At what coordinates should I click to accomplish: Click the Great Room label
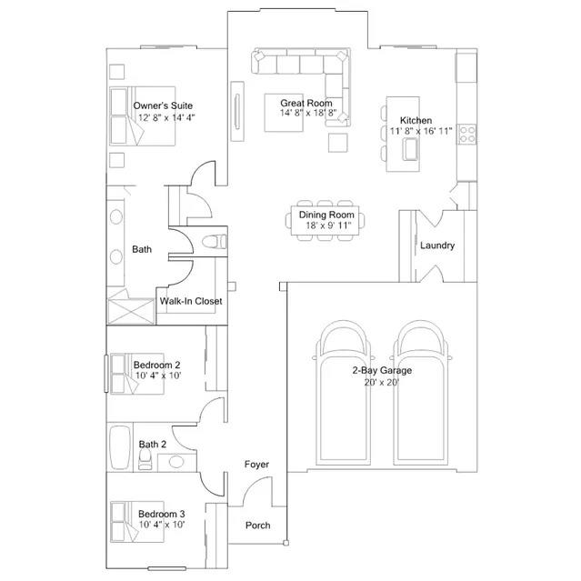click(306, 103)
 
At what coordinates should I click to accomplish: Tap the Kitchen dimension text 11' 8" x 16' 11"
click(421, 131)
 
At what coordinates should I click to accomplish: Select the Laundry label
click(437, 245)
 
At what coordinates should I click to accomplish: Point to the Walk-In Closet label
click(191, 301)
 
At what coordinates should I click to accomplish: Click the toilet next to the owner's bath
click(215, 242)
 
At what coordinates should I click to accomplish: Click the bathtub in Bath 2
click(120, 447)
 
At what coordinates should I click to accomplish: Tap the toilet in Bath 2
click(145, 459)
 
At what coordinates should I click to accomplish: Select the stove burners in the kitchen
click(466, 135)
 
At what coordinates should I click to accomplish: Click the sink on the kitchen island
click(411, 149)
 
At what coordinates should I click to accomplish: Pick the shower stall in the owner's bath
click(131, 311)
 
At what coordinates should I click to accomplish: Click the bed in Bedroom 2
click(136, 374)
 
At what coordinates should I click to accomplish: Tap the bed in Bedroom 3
click(136, 522)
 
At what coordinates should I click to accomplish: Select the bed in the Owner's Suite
click(142, 116)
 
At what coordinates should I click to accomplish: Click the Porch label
click(258, 526)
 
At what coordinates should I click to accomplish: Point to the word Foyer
click(256, 465)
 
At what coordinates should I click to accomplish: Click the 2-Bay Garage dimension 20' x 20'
click(381, 383)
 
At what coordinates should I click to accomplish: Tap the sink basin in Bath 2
click(176, 462)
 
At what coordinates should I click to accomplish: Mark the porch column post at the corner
click(285, 543)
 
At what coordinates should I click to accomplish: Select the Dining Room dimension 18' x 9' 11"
click(328, 225)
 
